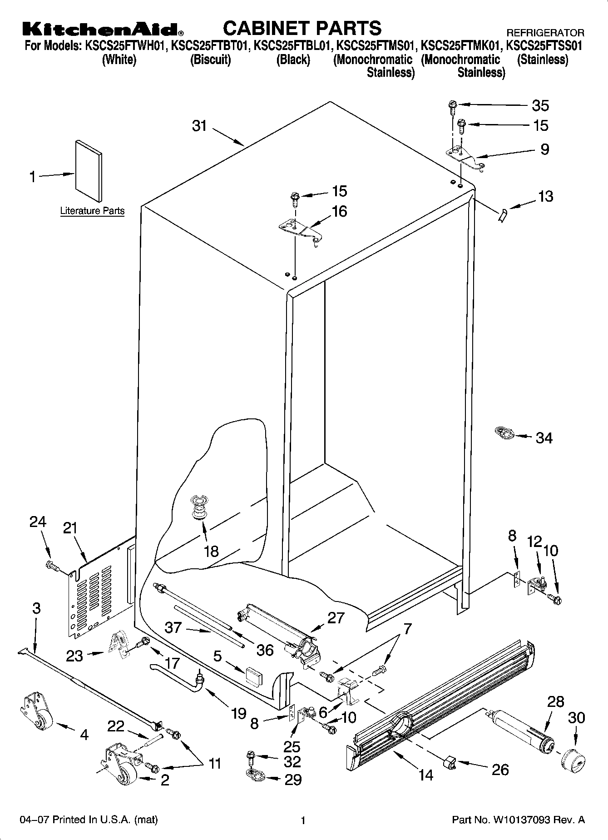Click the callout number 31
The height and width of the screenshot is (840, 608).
click(199, 125)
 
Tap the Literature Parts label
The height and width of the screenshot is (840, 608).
click(92, 211)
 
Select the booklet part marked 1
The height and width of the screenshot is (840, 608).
click(89, 169)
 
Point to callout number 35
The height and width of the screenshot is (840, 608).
click(540, 105)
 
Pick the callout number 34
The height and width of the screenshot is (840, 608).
click(544, 438)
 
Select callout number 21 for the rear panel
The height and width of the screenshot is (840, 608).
click(70, 528)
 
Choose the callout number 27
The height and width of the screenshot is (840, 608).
click(336, 618)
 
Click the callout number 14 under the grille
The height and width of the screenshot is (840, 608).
click(425, 775)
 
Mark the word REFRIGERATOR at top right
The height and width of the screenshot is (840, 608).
click(545, 33)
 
